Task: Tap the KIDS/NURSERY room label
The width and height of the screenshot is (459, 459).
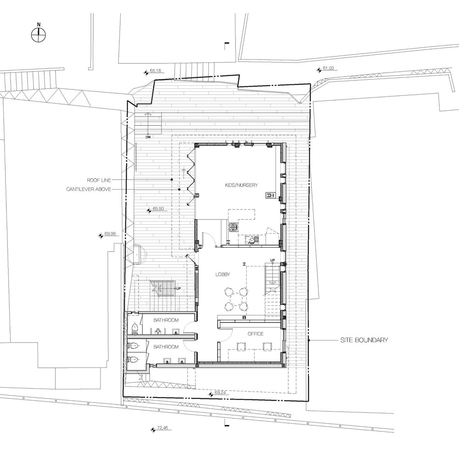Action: (241, 185)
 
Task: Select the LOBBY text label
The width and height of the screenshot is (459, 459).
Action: (223, 274)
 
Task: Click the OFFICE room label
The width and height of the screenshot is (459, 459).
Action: (255, 334)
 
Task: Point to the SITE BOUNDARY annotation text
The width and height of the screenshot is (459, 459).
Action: (364, 340)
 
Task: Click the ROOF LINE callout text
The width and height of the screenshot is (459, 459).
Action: (99, 180)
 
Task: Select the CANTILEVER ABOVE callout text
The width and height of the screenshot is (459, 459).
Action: (89, 190)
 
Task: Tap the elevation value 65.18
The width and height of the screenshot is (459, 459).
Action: (155, 71)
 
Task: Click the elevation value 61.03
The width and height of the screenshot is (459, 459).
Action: (328, 68)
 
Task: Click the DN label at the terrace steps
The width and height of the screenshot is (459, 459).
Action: (148, 137)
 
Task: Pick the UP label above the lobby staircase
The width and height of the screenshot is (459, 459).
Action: (273, 260)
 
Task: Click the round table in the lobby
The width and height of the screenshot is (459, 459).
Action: (236, 299)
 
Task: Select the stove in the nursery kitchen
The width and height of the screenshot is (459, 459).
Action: (234, 227)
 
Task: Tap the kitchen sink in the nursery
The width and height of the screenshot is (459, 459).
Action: (251, 240)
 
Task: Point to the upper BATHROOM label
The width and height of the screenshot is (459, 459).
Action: (166, 320)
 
